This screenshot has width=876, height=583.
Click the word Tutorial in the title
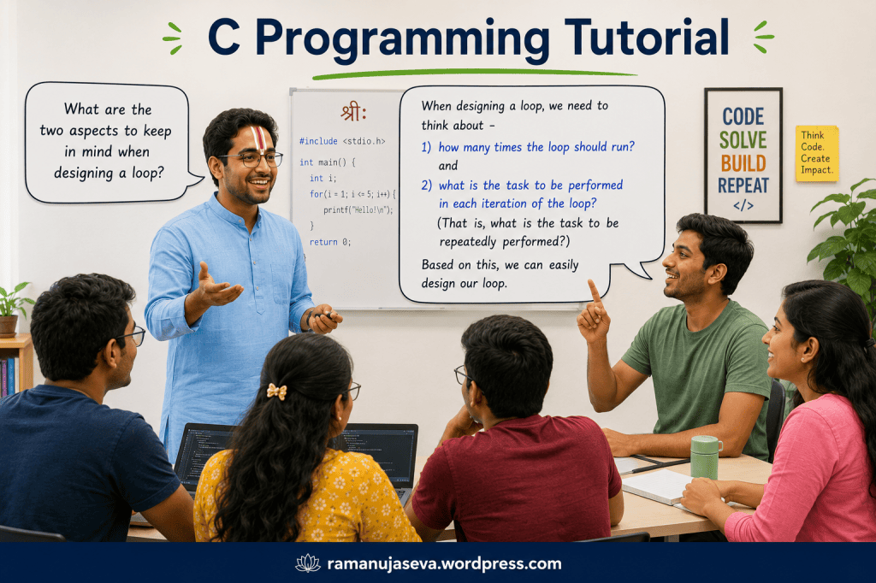pyautogui.click(x=647, y=38)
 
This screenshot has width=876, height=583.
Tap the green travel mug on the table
pyautogui.click(x=706, y=456)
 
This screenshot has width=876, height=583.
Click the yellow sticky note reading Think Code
pyautogui.click(x=817, y=153)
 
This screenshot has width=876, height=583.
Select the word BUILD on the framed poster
pyautogui.click(x=743, y=163)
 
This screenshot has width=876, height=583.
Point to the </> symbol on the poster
pyautogui.click(x=743, y=205)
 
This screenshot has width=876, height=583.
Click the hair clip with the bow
pyautogui.click(x=276, y=392)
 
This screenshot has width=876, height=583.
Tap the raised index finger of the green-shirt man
pyautogui.click(x=594, y=291)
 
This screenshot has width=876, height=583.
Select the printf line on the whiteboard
pyautogui.click(x=358, y=210)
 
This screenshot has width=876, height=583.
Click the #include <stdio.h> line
pyautogui.click(x=342, y=141)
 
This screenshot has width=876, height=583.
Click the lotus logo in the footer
pyautogui.click(x=308, y=562)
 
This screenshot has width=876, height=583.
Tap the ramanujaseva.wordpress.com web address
pyautogui.click(x=444, y=563)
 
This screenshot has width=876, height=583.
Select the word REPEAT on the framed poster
pyautogui.click(x=743, y=185)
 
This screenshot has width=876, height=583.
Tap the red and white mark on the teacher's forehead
pyautogui.click(x=258, y=138)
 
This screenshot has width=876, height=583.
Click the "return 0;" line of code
pyautogui.click(x=330, y=242)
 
